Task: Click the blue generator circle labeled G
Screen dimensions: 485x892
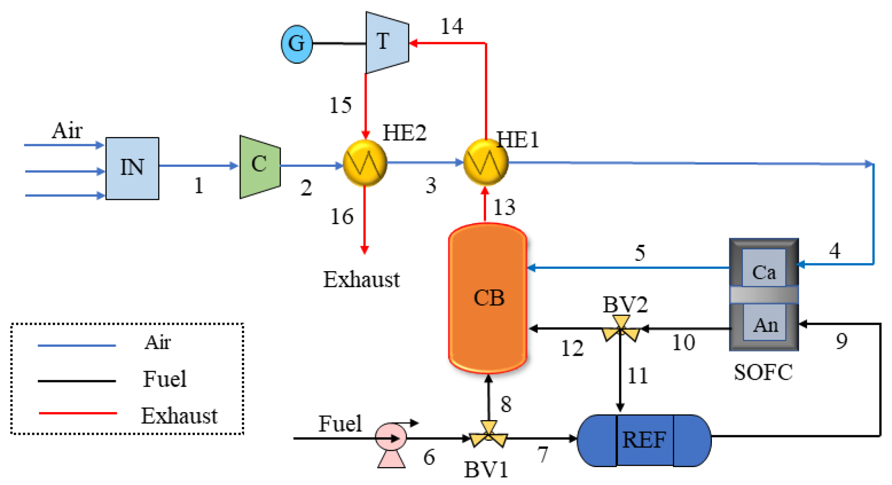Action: point(297,44)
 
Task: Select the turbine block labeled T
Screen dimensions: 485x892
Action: point(387,43)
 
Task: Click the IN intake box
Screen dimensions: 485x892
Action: point(132,168)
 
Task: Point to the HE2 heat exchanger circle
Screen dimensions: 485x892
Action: point(365,163)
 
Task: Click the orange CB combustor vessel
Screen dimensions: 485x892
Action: point(488,298)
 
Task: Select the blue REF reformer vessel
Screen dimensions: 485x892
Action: point(644,440)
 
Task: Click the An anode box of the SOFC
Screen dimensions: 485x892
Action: point(764,324)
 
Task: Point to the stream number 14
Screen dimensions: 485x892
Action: point(452,26)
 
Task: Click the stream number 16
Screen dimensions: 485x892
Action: point(342,217)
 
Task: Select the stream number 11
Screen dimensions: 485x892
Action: point(637,376)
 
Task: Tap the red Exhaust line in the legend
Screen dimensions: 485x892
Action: point(78,413)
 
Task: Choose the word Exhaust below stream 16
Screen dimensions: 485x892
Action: point(361,280)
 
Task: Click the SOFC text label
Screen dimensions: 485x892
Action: point(763,372)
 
